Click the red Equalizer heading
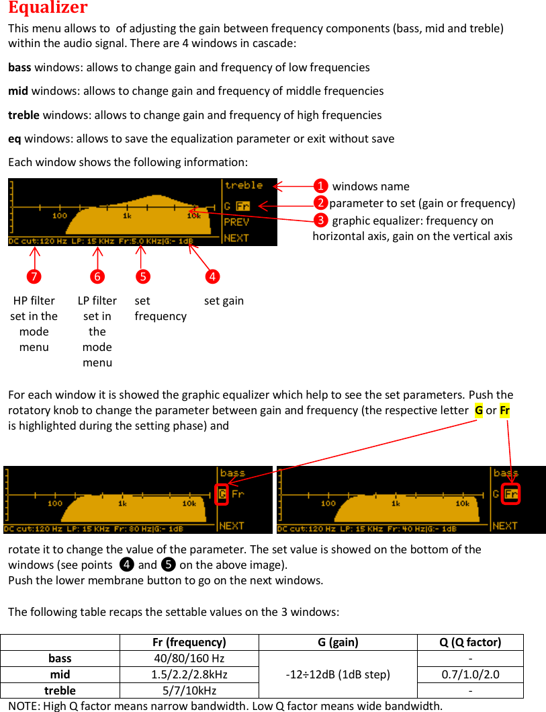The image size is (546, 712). [x=48, y=8]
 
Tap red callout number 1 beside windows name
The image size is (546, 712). [x=321, y=186]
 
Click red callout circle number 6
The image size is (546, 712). [x=98, y=276]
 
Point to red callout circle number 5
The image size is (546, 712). [x=142, y=276]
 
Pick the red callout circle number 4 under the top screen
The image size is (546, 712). [x=212, y=276]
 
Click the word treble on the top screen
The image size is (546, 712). [x=243, y=186]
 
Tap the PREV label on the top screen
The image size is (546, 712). [x=236, y=222]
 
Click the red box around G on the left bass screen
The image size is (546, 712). [x=222, y=494]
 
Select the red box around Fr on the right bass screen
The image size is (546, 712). [x=512, y=494]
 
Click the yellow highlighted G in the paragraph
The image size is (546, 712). [x=479, y=410]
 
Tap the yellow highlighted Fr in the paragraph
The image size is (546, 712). [x=504, y=410]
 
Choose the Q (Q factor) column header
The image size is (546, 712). [x=470, y=642]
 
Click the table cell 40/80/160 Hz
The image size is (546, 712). [x=189, y=658]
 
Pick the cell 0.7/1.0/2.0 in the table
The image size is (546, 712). [x=470, y=674]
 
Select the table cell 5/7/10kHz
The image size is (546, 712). [x=189, y=690]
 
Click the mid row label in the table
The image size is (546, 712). [x=60, y=674]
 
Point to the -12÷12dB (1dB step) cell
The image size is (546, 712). [x=337, y=674]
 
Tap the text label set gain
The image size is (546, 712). [x=224, y=301]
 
